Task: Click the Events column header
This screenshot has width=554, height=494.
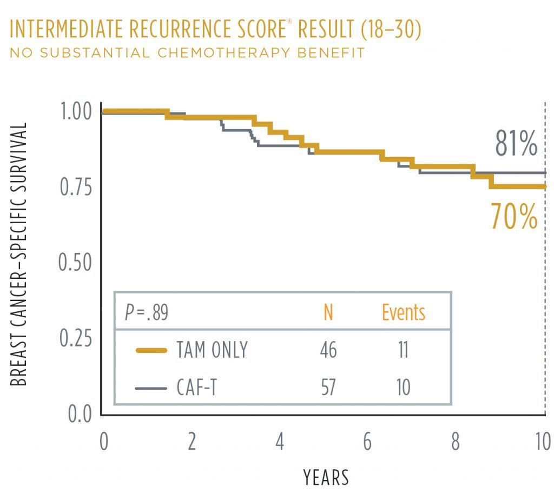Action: pyautogui.click(x=403, y=312)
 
